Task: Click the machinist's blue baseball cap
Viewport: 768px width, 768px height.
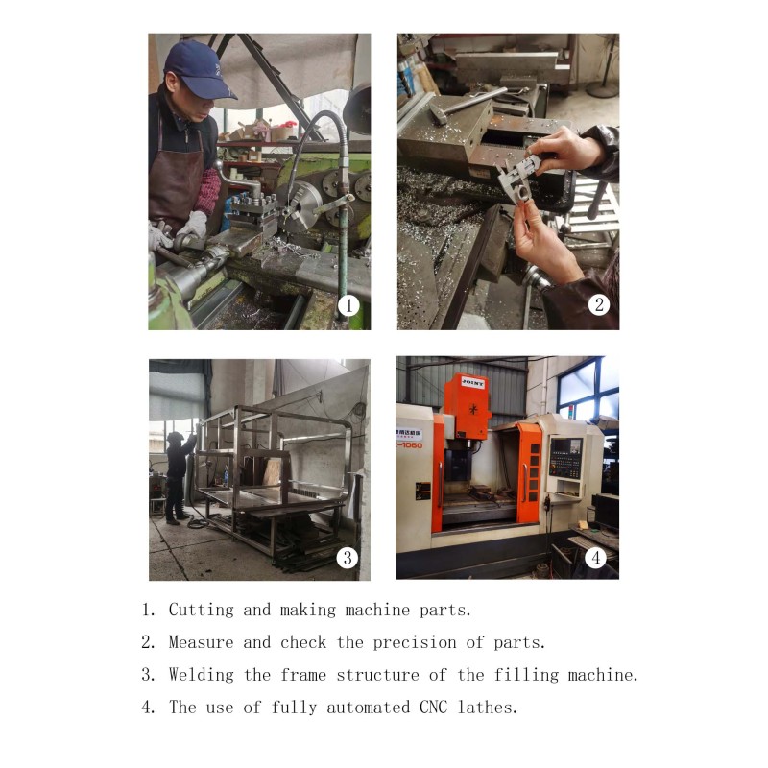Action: [199, 71]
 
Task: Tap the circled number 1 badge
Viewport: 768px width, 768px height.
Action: [348, 305]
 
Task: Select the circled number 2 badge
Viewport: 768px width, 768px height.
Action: [598, 304]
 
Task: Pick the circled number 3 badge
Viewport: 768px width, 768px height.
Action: [348, 558]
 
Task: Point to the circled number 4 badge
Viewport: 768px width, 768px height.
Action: [595, 558]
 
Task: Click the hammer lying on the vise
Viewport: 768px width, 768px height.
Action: [466, 104]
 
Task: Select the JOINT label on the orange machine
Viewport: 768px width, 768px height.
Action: [472, 383]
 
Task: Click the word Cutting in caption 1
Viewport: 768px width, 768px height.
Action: [202, 610]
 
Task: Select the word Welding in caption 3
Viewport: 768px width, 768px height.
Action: [202, 675]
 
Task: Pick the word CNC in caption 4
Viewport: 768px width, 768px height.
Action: [434, 708]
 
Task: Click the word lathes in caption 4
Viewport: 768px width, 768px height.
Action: [488, 708]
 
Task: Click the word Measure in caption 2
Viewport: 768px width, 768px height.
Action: [202, 642]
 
